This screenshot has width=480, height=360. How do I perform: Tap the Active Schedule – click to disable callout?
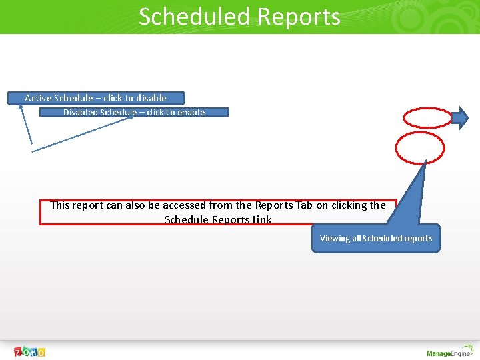(95, 98)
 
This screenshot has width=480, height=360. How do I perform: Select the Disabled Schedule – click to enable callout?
(134, 112)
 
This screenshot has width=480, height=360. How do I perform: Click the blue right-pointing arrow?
(461, 118)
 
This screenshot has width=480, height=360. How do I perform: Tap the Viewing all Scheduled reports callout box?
(376, 238)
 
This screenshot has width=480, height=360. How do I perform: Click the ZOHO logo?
(30, 351)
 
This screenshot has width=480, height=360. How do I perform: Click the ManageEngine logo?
(448, 352)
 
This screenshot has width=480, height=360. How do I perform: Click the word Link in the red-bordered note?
(262, 220)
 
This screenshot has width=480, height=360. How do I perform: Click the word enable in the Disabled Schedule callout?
(191, 112)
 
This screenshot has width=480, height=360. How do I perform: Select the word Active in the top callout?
(38, 98)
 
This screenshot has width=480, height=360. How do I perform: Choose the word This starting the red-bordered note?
(60, 205)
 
